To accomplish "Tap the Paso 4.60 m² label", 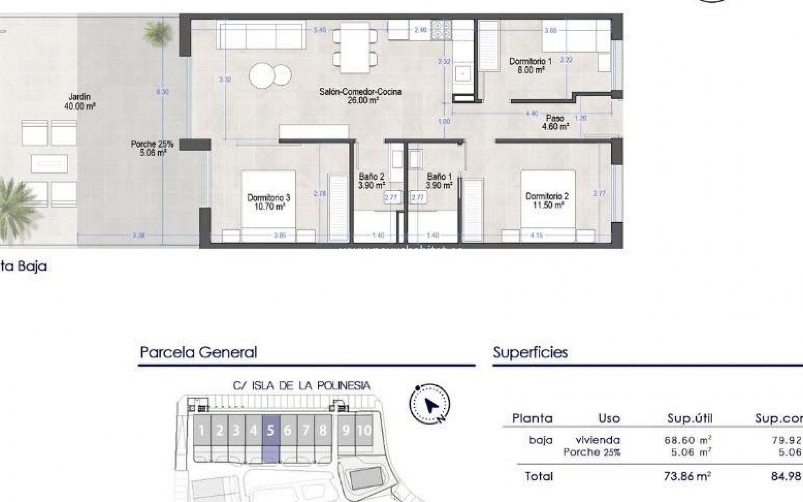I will pos(555,122).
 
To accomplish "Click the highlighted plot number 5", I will pos(271,430).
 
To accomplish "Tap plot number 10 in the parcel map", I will pos(364,430).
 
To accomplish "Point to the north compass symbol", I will pos(430,404).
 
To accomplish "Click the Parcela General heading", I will pos(198,352).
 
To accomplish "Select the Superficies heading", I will pos(530,352).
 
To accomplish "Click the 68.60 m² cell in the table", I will pos(688,440).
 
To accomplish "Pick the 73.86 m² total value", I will pos(687,476).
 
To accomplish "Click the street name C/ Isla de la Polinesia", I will pos(302,386).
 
